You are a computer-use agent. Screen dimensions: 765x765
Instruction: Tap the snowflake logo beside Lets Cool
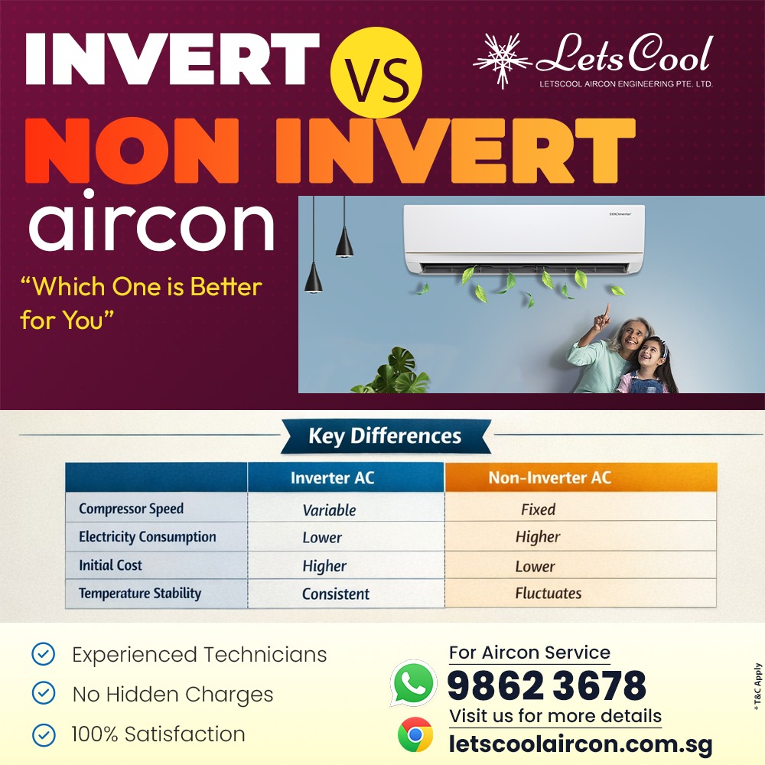503,60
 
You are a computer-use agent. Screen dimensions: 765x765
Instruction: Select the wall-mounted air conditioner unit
524,239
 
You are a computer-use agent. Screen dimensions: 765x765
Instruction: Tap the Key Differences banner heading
385,437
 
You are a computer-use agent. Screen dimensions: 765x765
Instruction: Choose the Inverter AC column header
332,478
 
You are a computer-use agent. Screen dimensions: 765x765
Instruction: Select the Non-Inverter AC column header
549,478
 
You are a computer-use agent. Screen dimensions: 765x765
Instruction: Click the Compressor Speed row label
131,509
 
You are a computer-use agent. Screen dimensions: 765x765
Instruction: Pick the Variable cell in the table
329,510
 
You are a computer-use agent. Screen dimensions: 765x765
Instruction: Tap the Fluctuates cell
548,593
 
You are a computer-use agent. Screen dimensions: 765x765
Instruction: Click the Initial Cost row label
110,565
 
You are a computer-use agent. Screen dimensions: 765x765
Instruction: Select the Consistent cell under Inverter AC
335,594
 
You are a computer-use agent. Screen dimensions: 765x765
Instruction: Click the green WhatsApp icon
413,682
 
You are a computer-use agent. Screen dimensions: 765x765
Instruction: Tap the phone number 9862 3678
546,685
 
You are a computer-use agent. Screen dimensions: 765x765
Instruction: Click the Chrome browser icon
415,735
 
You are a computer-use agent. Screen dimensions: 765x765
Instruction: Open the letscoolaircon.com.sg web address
580,743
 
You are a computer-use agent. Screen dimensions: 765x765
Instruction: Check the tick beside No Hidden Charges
44,694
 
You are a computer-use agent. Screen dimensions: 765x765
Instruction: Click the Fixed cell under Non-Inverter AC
538,509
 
